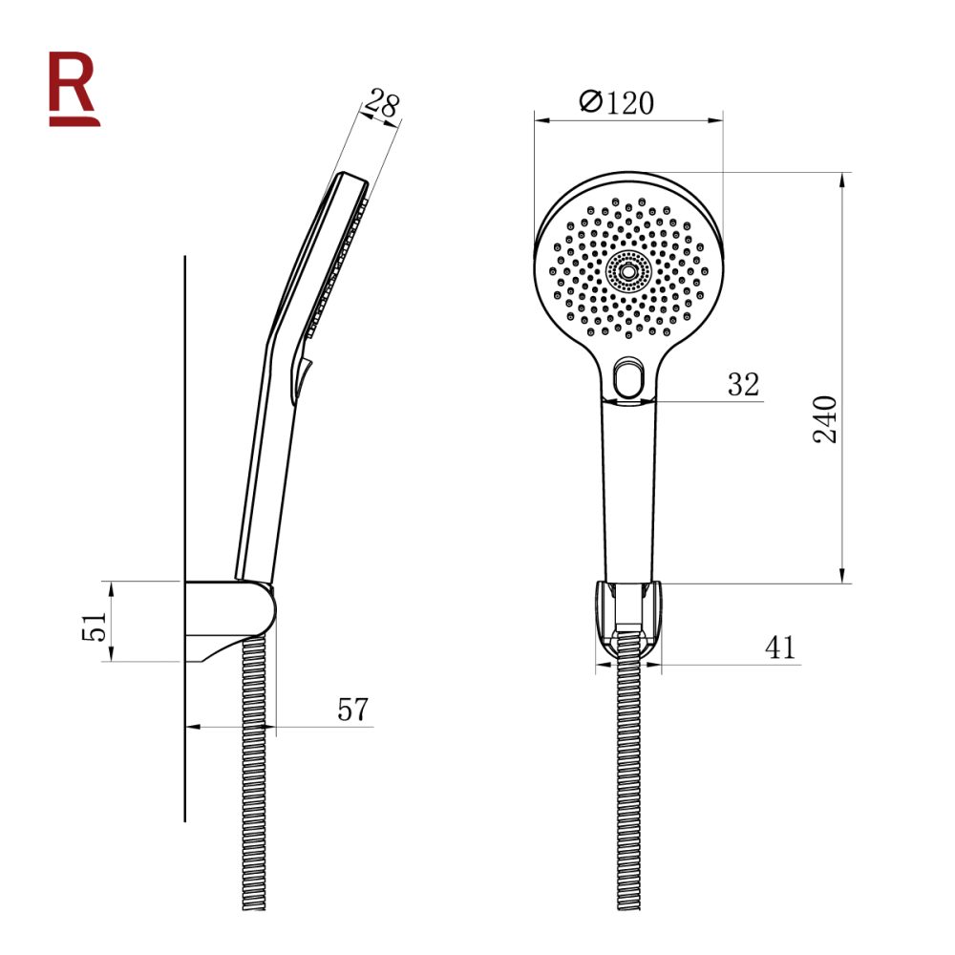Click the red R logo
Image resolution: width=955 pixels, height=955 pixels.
pos(74,88)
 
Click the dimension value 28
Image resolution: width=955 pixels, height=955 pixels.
pos(382,106)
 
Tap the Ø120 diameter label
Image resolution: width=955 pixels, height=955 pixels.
pos(618,102)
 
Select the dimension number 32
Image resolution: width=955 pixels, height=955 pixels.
pos(742,385)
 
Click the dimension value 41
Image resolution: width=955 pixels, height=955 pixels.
pos(780,647)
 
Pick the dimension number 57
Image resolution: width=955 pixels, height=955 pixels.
pos(353,710)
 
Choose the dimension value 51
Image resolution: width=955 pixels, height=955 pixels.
pos(94,626)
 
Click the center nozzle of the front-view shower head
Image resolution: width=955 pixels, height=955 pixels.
pos(627,270)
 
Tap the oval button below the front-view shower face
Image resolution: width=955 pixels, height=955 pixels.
pos(627,378)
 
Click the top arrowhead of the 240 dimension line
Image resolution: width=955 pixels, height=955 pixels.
pos(843,179)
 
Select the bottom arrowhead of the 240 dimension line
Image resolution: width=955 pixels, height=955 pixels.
pos(843,576)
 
